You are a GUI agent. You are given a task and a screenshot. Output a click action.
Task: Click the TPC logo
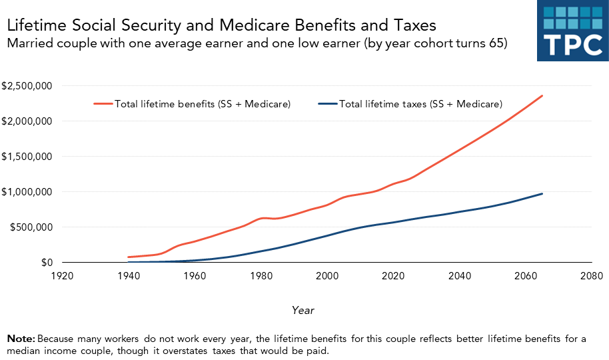point(573,31)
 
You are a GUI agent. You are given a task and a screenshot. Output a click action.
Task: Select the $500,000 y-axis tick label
point(30,227)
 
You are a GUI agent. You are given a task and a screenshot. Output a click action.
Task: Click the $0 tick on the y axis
point(45,263)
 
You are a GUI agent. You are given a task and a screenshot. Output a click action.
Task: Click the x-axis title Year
point(303,310)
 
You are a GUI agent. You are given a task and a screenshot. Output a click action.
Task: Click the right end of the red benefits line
point(542,95)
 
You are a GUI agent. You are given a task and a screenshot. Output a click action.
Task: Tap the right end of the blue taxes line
point(542,194)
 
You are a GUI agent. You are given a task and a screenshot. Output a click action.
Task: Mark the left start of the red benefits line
point(129,257)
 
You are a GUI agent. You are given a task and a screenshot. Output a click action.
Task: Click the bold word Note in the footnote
point(21,339)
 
